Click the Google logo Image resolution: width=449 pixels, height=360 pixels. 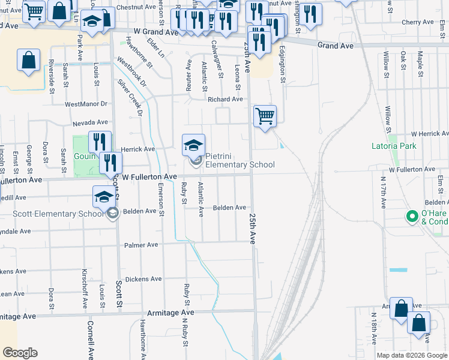[20, 353]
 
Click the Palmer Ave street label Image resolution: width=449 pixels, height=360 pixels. [141, 245]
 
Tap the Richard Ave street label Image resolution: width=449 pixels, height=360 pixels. [225, 99]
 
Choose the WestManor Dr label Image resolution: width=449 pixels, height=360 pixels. [85, 104]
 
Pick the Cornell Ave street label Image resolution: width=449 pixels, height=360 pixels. [90, 340]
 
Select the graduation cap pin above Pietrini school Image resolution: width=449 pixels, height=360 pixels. [193, 145]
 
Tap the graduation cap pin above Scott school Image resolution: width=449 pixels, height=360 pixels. [103, 196]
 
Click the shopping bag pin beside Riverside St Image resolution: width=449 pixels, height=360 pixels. [29, 60]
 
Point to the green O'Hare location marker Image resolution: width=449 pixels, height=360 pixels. [412, 216]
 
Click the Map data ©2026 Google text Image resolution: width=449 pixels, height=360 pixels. [412, 355]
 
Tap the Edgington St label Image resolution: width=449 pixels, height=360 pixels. [283, 64]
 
